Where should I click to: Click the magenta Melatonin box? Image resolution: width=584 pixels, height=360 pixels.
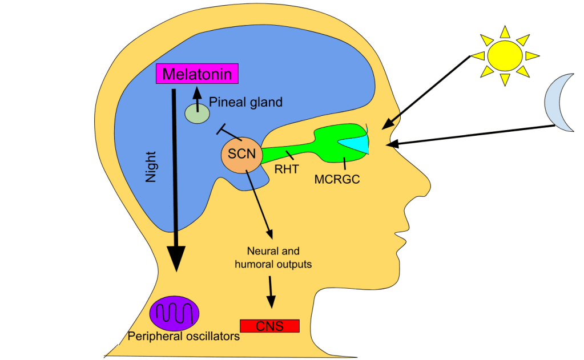pyautogui.click(x=197, y=74)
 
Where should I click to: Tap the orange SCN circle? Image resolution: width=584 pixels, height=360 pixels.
pyautogui.click(x=241, y=154)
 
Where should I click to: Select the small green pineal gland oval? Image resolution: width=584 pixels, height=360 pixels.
pyautogui.click(x=197, y=113)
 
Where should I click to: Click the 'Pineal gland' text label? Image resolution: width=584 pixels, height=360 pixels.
pyautogui.click(x=245, y=103)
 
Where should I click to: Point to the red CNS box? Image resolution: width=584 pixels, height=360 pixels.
pyautogui.click(x=270, y=326)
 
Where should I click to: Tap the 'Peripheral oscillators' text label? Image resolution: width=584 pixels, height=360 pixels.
pyautogui.click(x=184, y=337)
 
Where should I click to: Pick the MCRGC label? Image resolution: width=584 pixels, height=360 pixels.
pyautogui.click(x=337, y=179)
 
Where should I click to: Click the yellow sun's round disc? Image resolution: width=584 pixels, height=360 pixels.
pyautogui.click(x=504, y=55)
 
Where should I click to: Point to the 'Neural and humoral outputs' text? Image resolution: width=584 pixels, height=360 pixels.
pyautogui.click(x=273, y=257)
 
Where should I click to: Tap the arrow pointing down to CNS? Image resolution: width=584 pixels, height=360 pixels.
pyautogui.click(x=271, y=294)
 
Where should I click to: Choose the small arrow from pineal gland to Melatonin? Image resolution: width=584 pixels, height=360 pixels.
pyautogui.click(x=197, y=97)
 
